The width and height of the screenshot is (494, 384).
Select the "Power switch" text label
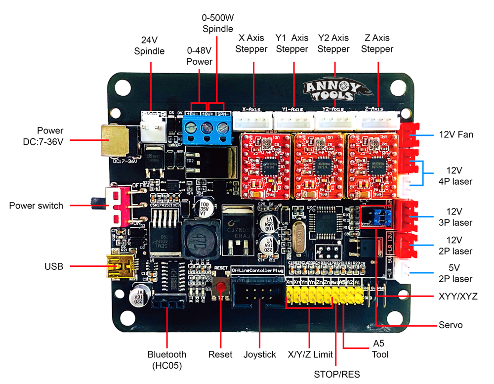[36, 205]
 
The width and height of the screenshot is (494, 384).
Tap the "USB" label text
[54, 267]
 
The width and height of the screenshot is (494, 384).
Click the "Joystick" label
[259, 354]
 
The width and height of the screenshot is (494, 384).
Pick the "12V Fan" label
[456, 134]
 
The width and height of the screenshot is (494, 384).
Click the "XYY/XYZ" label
[457, 297]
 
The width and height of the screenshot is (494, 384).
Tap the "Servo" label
[451, 325]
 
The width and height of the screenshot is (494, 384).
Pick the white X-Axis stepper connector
[252, 120]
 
